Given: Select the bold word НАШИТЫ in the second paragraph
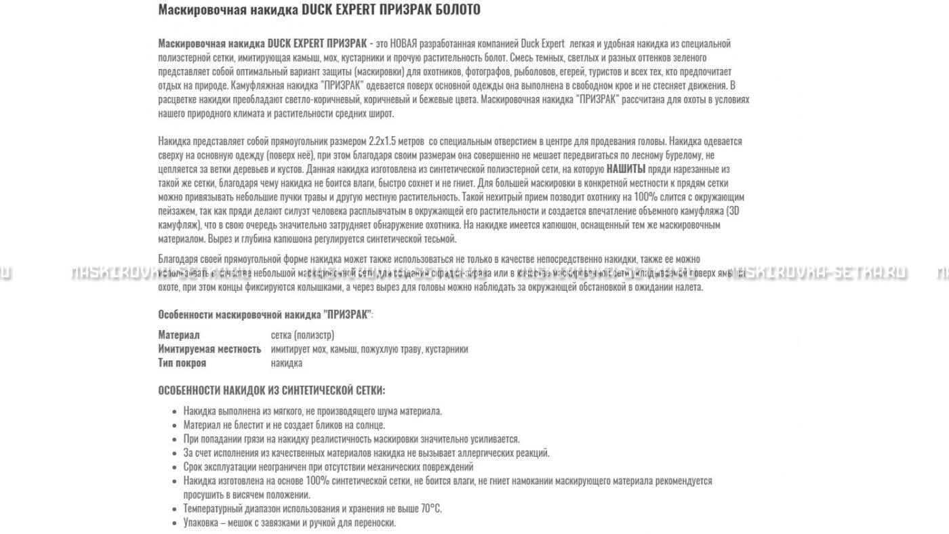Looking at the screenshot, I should pos(626,169).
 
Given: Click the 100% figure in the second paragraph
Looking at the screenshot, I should pos(646,197).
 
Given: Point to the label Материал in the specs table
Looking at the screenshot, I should pos(179,335).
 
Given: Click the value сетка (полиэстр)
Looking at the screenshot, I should pos(302,335).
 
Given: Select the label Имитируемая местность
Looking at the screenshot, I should pos(209,349).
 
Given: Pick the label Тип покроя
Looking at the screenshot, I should pos(182,363).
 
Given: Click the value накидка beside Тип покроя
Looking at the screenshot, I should pos(287,363).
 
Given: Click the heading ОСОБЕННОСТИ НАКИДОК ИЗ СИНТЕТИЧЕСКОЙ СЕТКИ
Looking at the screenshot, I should pos(271,390).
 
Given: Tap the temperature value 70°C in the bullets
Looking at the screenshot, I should pos(431,508).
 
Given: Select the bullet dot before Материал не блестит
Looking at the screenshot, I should pos(176,426).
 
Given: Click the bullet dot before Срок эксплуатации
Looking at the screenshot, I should pos(176,467).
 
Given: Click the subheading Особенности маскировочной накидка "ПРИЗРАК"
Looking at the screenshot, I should pos(265,314).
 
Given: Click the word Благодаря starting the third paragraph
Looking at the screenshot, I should pos(178,259).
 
